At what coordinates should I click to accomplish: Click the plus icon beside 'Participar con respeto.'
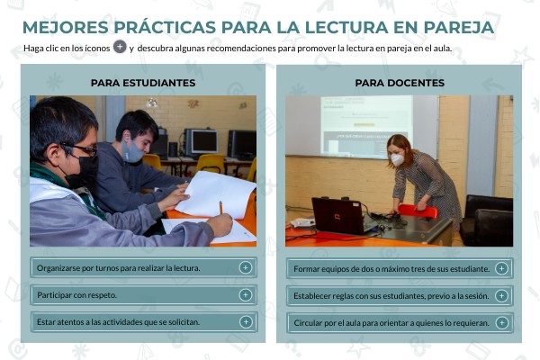245,294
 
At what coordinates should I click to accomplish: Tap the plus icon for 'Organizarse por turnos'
245,267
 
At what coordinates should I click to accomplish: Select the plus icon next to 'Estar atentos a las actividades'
245,321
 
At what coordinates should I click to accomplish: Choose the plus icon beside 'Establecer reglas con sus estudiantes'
501,295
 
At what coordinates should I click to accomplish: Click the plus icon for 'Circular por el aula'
501,322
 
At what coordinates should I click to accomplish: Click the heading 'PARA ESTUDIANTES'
143,83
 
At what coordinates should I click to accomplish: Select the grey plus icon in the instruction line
119,47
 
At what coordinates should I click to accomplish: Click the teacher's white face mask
397,159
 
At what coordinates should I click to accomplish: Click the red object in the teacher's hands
417,211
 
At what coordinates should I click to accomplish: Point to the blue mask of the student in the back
133,150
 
